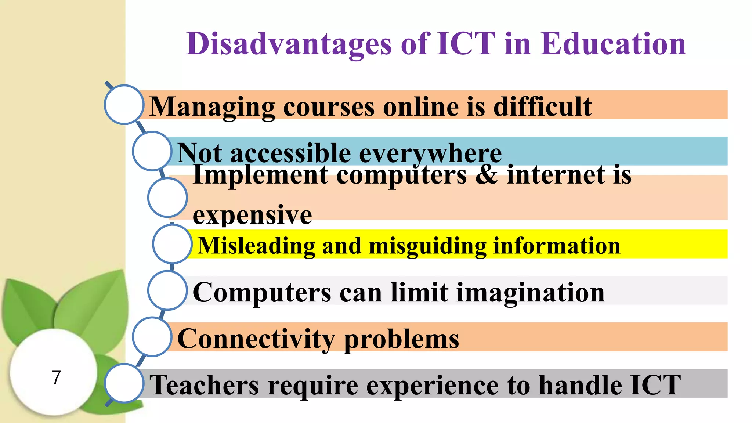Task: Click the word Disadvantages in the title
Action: tap(289, 44)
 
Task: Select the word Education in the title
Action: tap(613, 44)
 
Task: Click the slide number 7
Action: tap(56, 377)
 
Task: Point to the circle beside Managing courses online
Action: tap(124, 105)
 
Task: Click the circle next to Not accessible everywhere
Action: tap(152, 151)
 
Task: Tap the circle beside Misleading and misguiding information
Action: tap(172, 244)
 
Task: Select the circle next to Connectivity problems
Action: tap(152, 337)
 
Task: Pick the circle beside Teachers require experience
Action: tap(124, 383)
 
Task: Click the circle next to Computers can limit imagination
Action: tap(167, 290)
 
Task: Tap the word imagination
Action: tap(530, 293)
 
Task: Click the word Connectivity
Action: tap(256, 339)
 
